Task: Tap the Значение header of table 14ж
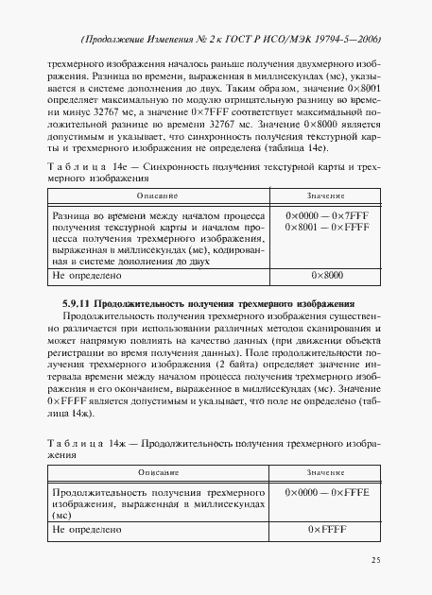click(325, 471)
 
